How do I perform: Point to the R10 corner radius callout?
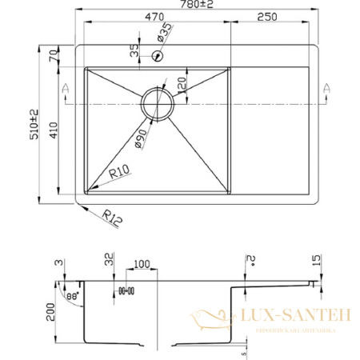click(119, 170)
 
